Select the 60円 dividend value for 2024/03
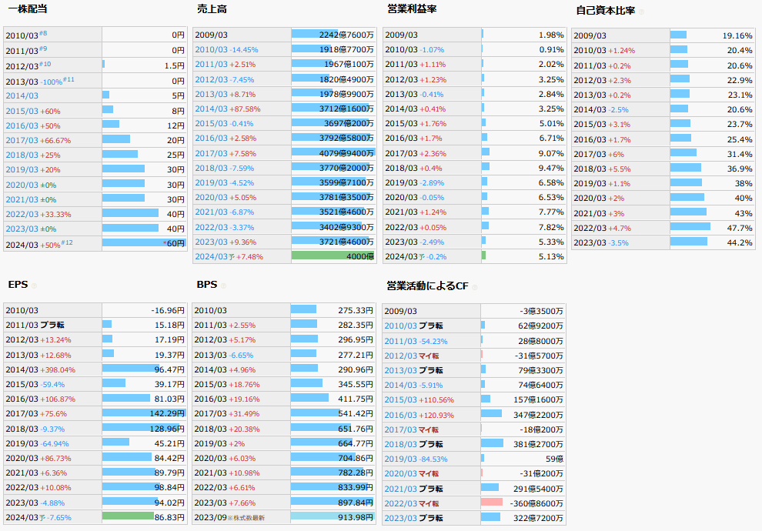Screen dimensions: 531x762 point(175,243)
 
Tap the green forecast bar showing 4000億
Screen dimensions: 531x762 point(333,256)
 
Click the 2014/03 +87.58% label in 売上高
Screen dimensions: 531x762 point(228,109)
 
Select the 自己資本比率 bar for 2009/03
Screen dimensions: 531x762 point(678,35)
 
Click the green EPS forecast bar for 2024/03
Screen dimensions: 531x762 point(128,516)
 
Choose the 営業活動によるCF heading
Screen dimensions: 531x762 point(426,286)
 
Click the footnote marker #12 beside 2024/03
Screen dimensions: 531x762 point(67,242)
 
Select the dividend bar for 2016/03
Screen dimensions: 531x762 point(111,124)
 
